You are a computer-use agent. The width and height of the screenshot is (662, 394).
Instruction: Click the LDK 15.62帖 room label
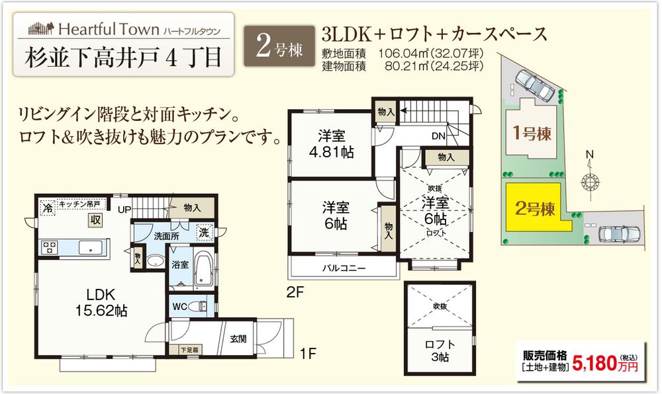coord(99,301)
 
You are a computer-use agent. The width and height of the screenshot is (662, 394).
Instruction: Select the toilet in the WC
coord(198,306)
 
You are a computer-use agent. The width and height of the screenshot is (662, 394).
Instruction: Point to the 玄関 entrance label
coord(238,338)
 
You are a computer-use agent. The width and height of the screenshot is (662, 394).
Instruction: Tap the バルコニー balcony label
coord(344,268)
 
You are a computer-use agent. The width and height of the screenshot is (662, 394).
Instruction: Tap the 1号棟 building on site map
coord(531,133)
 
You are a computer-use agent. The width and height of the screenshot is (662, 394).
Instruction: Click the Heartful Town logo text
coord(109,29)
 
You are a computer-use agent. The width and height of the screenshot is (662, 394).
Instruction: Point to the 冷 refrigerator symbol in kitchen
coord(47,208)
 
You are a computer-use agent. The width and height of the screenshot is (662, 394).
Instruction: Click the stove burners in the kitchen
coord(49,248)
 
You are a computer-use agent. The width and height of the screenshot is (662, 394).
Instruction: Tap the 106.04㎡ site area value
coord(402,54)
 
